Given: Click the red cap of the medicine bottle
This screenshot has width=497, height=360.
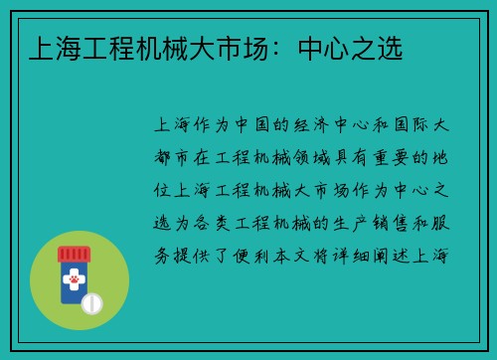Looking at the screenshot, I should pyautogui.click(x=72, y=254).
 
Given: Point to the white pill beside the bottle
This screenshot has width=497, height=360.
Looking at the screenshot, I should pyautogui.click(x=92, y=301).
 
